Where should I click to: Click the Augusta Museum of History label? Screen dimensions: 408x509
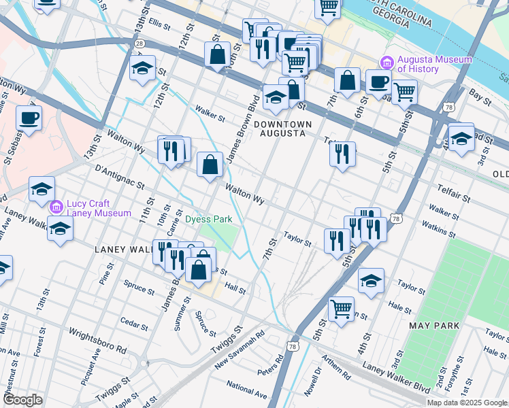(434, 64)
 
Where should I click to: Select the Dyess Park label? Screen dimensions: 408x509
(209, 219)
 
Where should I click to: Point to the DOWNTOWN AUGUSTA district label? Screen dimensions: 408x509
(282, 129)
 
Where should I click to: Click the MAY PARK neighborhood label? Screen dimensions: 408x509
(433, 326)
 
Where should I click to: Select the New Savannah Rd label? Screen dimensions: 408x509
(239, 350)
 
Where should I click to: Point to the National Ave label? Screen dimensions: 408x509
(246, 390)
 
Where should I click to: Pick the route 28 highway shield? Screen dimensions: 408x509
(138, 43)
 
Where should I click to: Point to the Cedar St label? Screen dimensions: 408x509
(129, 320)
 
